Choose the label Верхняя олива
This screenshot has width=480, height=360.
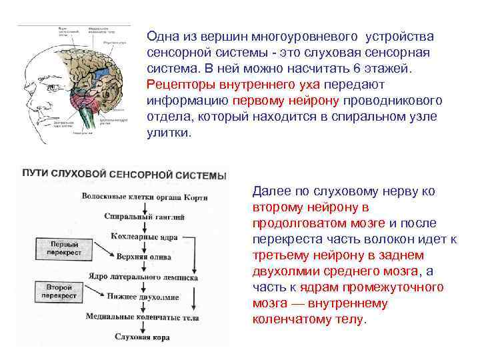click(x=139, y=255)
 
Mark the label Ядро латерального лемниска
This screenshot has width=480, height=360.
click(x=141, y=275)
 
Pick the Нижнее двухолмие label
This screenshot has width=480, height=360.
click(x=140, y=296)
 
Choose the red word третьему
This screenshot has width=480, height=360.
click(x=279, y=255)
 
